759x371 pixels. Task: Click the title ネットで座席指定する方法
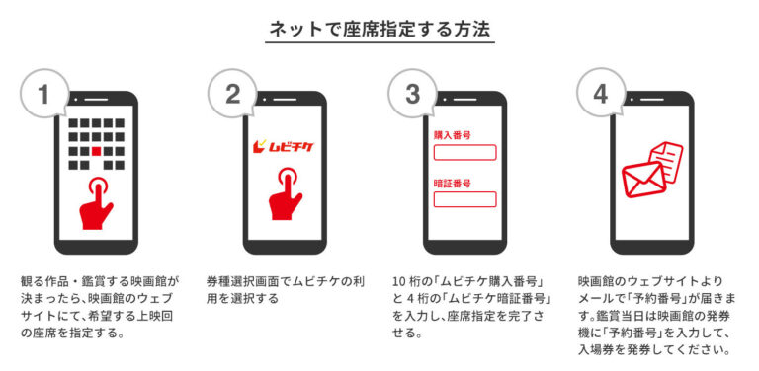379,30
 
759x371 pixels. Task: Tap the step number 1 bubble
44,94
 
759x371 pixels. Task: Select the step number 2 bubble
232,94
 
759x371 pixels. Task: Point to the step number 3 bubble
412,94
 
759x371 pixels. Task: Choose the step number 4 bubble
600,94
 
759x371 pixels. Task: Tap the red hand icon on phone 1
96,202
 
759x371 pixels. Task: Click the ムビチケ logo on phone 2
285,145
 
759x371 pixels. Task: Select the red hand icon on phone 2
285,193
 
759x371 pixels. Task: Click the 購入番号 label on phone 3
452,135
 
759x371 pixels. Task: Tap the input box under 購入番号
464,152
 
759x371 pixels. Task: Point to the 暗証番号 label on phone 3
452,184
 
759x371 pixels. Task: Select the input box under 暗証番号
464,199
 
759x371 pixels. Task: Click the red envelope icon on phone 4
643,180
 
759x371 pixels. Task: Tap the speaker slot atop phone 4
653,99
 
